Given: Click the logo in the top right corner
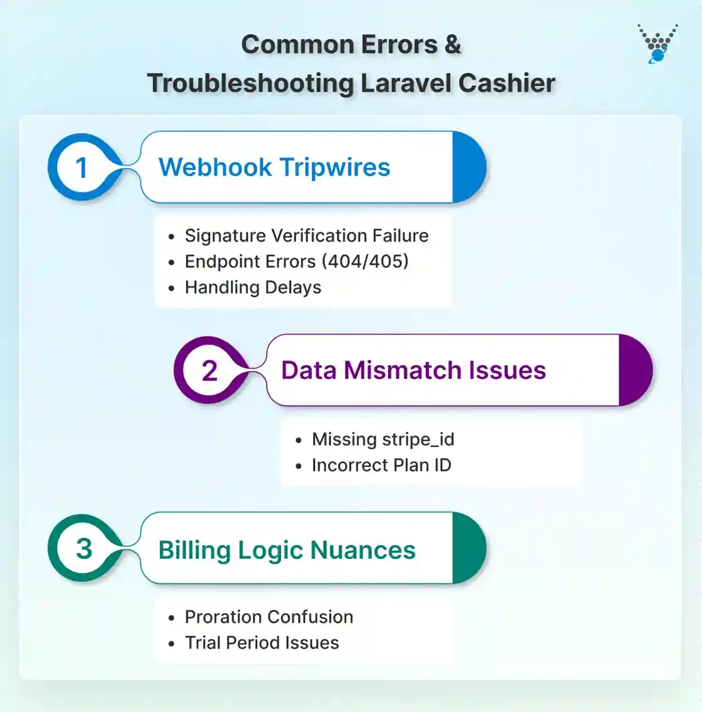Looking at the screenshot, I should [x=657, y=43].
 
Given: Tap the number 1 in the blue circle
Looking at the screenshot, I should [x=82, y=167].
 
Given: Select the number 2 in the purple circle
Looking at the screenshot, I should [x=209, y=371].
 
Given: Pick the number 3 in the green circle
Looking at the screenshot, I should [x=84, y=548].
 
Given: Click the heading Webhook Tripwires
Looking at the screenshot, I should [x=274, y=167].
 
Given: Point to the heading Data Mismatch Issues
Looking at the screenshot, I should [x=413, y=370].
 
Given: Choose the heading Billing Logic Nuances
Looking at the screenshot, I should [x=287, y=550].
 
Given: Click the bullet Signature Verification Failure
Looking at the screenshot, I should [x=306, y=236].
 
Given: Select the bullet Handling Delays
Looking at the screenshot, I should [x=253, y=287].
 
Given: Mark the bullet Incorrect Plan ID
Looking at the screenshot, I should [x=381, y=465].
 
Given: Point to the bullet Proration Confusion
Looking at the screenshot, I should [x=269, y=617].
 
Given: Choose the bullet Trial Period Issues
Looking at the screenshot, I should [x=262, y=643].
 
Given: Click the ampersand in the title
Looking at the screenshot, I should [x=453, y=45].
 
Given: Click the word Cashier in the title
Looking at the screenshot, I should [x=506, y=83].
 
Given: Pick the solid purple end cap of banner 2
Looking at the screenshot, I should [x=635, y=370].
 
